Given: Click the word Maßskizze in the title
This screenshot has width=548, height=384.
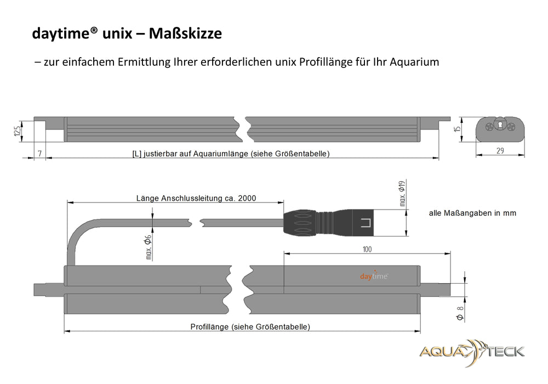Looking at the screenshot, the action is tap(185, 33).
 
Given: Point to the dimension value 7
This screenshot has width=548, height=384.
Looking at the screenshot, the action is tap(40, 154).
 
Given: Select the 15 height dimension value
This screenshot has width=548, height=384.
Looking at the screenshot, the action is tap(457, 129).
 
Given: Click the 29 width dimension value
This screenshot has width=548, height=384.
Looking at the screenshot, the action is tap(500, 151).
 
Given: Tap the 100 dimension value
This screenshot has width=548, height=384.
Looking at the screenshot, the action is tap(367, 250).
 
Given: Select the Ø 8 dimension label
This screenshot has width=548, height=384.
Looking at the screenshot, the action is tap(460, 313).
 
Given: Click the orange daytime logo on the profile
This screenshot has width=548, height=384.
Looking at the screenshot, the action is tap(374, 276).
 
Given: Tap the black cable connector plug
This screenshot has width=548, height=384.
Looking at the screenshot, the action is tap(328, 223).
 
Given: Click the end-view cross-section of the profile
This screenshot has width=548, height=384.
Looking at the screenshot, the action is tap(500, 129).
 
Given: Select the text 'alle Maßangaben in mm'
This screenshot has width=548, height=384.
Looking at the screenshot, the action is tap(472, 213).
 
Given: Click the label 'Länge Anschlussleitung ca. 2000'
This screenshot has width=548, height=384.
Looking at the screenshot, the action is tap(196, 198).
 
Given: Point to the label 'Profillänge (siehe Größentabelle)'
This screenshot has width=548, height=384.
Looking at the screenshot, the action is tap(250, 326).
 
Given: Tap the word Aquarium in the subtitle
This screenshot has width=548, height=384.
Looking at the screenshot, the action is tap(414, 62).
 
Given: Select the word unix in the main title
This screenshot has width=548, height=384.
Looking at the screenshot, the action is tap(117, 33).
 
